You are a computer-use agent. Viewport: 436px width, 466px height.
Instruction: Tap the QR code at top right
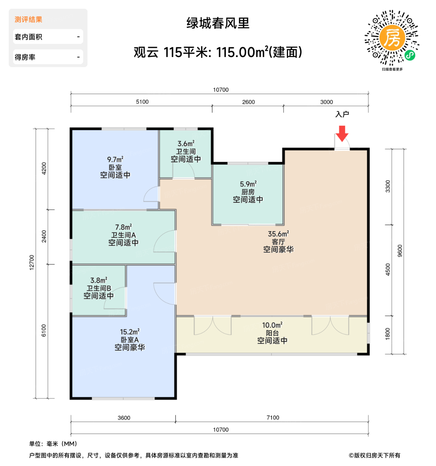pyautogui.click(x=392, y=38)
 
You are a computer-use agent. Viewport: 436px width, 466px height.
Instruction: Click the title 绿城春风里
pyautogui.click(x=218, y=23)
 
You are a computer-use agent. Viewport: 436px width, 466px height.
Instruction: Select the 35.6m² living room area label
pyautogui.click(x=278, y=234)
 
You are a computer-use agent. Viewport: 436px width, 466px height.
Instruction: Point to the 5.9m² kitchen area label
pyautogui.click(x=248, y=184)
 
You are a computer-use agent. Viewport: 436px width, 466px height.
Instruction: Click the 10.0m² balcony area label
pyautogui.click(x=272, y=325)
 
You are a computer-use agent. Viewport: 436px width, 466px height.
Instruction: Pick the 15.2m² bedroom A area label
pyautogui.click(x=130, y=332)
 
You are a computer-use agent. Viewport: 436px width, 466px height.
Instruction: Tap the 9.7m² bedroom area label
pyautogui.click(x=115, y=160)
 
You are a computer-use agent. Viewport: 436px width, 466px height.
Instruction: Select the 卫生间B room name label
pyautogui.click(x=99, y=288)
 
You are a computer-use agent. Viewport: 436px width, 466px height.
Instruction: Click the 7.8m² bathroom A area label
pyautogui.click(x=123, y=227)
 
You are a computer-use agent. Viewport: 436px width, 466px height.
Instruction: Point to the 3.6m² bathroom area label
pyautogui.click(x=186, y=144)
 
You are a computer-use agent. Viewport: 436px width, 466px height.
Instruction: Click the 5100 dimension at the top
pyautogui.click(x=142, y=102)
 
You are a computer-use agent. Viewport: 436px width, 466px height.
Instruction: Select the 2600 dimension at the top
pyautogui.click(x=248, y=102)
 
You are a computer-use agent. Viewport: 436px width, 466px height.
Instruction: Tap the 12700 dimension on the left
pyautogui.click(x=32, y=262)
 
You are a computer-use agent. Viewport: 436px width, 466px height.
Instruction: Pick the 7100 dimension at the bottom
pyautogui.click(x=273, y=418)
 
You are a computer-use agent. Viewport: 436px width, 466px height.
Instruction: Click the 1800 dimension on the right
pyautogui.click(x=388, y=334)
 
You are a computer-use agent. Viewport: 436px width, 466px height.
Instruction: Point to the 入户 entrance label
pyautogui.click(x=342, y=115)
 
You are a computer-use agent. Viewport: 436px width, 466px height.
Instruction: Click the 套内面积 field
pyautogui.click(x=48, y=37)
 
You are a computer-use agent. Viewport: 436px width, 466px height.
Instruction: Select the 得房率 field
pyautogui.click(x=48, y=57)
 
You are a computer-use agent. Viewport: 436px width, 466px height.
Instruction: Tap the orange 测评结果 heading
pyautogui.click(x=29, y=20)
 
